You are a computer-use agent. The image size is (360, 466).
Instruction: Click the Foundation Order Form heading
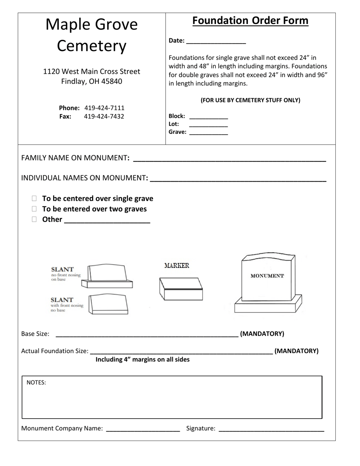click(250, 20)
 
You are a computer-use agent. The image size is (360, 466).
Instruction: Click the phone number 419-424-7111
click(104, 108)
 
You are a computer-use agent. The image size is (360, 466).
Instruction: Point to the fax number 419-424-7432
click(104, 116)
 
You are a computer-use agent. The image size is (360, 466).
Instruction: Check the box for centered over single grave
click(34, 198)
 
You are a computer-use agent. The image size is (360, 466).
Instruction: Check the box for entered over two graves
click(34, 209)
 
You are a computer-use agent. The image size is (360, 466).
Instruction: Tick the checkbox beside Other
click(34, 219)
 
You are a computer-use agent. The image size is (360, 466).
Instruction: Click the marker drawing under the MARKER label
click(181, 289)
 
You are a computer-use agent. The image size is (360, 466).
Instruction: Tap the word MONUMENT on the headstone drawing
click(267, 276)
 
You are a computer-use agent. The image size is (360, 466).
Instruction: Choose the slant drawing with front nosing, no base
click(108, 304)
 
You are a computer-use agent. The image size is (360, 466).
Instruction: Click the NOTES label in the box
click(36, 383)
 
